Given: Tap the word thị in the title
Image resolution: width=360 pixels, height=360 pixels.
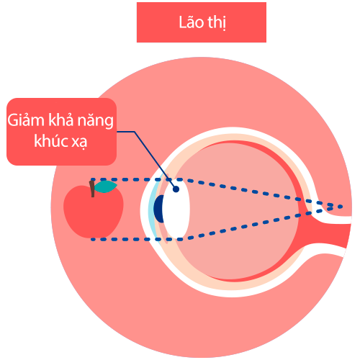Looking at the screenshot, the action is pyautogui.click(x=217, y=23).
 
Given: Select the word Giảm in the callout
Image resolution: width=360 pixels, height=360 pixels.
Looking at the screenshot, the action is pyautogui.click(x=26, y=120).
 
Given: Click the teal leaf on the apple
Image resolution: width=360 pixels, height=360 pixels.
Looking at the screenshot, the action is pyautogui.click(x=105, y=186).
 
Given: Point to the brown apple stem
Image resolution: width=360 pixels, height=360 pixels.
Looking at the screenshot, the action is pyautogui.click(x=92, y=189).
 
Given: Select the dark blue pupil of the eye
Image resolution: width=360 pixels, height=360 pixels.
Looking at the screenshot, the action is pyautogui.click(x=159, y=209).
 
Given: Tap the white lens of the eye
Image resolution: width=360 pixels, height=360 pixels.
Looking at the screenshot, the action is pyautogui.click(x=176, y=208).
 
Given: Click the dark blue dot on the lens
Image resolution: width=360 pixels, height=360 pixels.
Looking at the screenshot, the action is pyautogui.click(x=176, y=189).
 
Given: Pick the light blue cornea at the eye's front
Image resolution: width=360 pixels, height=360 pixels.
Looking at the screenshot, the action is pyautogui.click(x=151, y=209).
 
